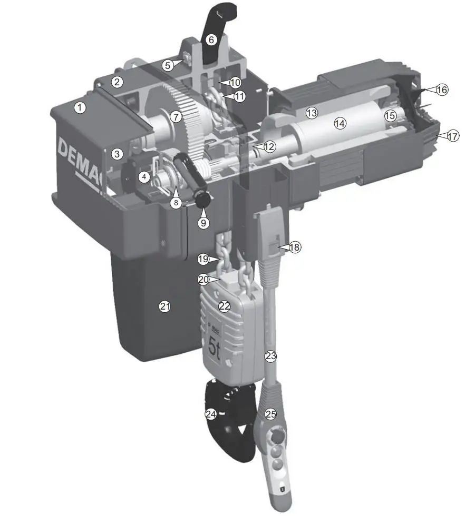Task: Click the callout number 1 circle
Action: pyautogui.click(x=80, y=107)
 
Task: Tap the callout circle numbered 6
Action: pyautogui.click(x=211, y=40)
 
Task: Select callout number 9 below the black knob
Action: pyautogui.click(x=203, y=223)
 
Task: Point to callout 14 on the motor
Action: pyautogui.click(x=340, y=123)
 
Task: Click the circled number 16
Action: pyautogui.click(x=442, y=90)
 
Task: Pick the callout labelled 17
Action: pyautogui.click(x=453, y=136)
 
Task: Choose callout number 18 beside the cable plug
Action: pyautogui.click(x=295, y=247)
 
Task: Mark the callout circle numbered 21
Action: pyautogui.click(x=165, y=306)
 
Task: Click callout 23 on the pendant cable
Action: pyautogui.click(x=271, y=356)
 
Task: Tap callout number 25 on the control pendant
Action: pyautogui.click(x=271, y=414)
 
